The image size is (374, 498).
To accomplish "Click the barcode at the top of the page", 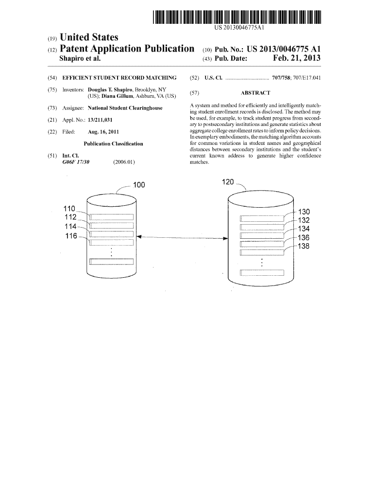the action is point(237,17).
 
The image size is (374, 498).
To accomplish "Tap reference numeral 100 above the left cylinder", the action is point(139,185).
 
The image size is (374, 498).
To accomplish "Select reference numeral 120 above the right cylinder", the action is point(228,182).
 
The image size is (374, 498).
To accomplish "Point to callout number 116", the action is point(71,236).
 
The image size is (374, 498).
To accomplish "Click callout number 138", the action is point(304,246).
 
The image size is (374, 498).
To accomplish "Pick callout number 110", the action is point(69,209).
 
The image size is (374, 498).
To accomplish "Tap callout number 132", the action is point(304,220).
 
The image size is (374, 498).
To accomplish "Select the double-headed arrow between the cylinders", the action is point(182,237).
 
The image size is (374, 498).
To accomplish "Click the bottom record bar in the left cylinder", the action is point(111,262).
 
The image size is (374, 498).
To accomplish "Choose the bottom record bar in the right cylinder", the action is point(262,272).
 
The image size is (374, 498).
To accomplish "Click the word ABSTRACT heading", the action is point(255,93).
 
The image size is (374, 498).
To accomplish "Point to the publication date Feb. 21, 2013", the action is point(297,58).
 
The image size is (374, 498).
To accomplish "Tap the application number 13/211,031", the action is point(100,120).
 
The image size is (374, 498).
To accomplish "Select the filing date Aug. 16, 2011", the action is point(103,132).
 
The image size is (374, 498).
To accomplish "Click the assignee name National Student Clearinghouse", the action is point(125,108).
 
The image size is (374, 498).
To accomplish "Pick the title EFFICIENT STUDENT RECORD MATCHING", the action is point(119,78).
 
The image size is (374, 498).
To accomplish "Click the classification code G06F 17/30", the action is point(76,162).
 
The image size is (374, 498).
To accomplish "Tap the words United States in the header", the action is point(89,37).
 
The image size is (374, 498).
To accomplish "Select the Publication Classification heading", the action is point(113,144).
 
